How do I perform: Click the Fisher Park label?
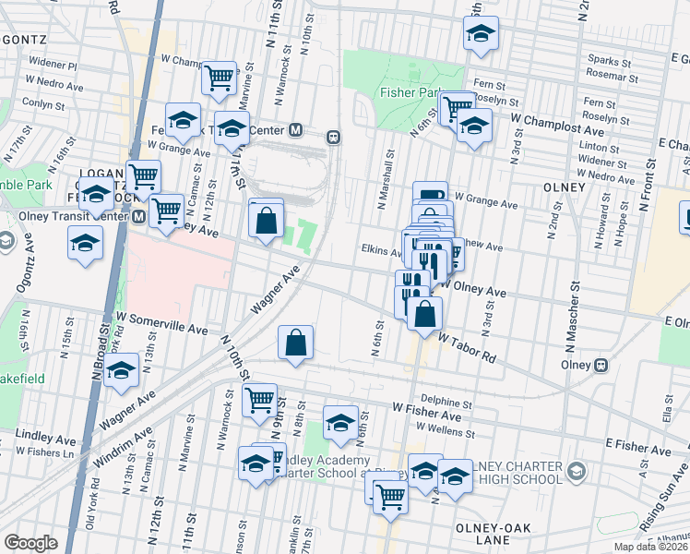pos(406,93)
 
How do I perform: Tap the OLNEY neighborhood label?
pos(565,187)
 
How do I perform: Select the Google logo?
pos(30,543)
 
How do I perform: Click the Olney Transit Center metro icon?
pos(138,217)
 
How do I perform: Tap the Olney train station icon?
pos(601,365)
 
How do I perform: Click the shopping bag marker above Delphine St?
pos(295,343)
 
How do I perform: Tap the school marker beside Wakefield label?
pos(121,371)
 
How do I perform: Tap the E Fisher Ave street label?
pos(638,446)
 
